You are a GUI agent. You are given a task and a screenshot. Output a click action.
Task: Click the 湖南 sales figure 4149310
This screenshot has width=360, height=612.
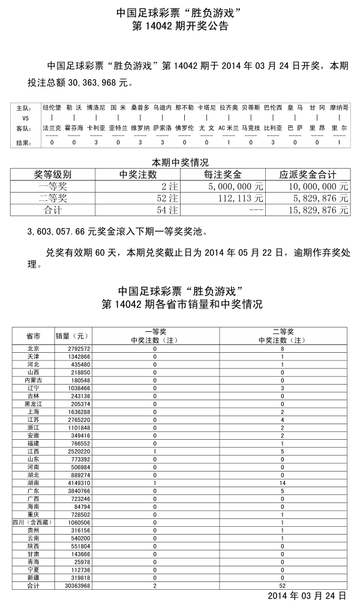point(73,482)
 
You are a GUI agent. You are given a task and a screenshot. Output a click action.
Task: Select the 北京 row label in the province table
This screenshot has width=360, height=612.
point(34,349)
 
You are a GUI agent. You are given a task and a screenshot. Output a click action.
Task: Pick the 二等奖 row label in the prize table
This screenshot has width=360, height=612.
point(52,198)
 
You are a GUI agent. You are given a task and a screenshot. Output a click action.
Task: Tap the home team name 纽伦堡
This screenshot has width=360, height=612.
point(52,108)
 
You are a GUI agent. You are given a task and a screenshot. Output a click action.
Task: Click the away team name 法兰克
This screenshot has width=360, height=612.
point(52,128)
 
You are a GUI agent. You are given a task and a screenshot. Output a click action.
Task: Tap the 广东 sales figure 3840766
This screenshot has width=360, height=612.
point(73,490)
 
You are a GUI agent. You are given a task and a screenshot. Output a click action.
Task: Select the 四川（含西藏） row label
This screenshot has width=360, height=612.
point(34,523)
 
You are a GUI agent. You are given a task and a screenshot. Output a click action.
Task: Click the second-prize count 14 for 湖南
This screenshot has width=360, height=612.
point(283,482)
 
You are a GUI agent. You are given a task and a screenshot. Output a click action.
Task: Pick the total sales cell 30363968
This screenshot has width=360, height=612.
point(72,585)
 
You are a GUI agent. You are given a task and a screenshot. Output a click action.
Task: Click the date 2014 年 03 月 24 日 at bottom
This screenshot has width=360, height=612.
point(306,596)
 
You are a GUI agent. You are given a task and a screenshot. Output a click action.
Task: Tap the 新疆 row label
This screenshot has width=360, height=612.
point(34,577)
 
